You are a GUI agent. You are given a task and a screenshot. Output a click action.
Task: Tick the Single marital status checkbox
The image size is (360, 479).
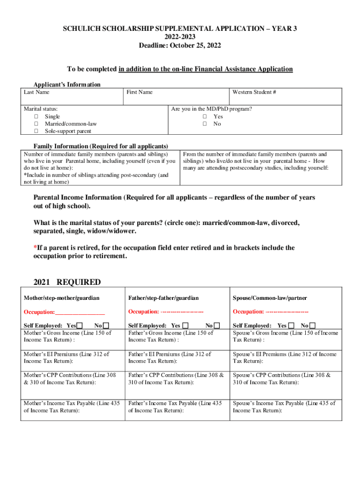[x=36, y=116]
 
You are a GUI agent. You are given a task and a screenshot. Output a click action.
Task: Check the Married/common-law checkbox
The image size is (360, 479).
[x=36, y=124]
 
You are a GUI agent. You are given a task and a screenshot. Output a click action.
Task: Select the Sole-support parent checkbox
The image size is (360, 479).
[x=36, y=131]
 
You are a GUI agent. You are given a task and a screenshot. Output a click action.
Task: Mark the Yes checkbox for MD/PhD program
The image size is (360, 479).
[x=204, y=116]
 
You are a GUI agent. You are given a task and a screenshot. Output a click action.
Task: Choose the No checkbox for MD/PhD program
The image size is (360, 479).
[x=204, y=124]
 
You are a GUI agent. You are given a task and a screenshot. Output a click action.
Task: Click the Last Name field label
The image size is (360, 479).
[x=36, y=92]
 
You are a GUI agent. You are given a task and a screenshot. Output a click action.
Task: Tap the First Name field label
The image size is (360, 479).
[x=139, y=92]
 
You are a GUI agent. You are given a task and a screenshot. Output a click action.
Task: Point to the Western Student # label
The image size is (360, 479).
[x=254, y=92]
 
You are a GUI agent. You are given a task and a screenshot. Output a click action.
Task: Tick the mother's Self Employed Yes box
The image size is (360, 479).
[x=80, y=326]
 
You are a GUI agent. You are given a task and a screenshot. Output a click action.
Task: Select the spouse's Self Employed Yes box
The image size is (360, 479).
[x=292, y=326]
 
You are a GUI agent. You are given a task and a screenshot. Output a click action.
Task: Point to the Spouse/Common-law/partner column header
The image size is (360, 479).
[x=269, y=298]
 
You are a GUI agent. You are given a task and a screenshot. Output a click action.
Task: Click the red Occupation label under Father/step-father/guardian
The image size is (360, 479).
[x=144, y=312]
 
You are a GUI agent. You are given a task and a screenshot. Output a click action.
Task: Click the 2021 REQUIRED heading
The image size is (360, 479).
[x=67, y=282]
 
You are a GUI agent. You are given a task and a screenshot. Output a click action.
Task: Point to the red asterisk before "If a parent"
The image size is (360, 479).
[x=35, y=247]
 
